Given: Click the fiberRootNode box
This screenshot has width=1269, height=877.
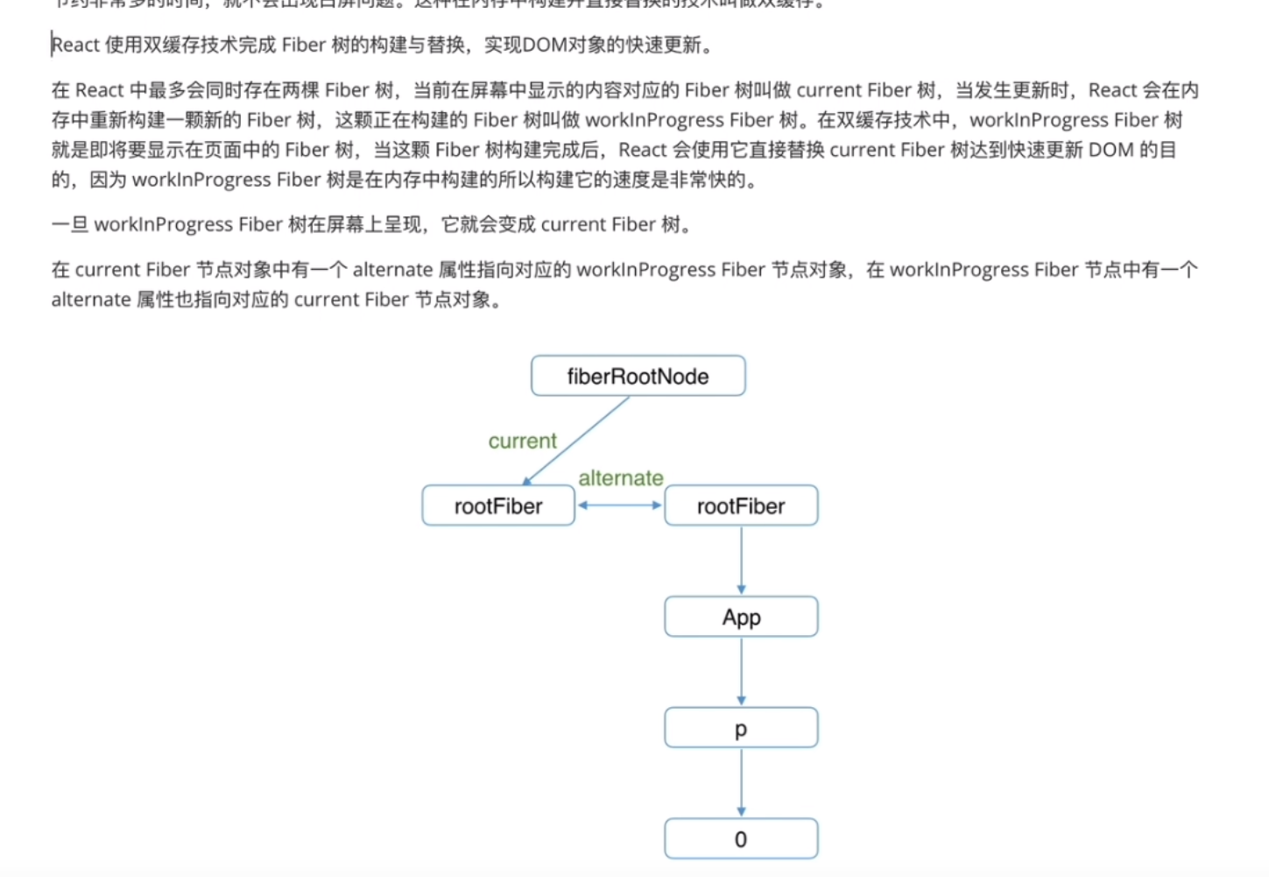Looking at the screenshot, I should tap(638, 376).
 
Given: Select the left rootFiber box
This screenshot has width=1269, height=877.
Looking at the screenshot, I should tap(497, 506).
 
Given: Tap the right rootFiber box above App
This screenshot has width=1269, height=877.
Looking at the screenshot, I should tap(741, 506).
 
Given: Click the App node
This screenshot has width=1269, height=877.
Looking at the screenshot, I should tap(741, 617).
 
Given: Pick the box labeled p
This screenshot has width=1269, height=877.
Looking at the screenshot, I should tap(741, 728).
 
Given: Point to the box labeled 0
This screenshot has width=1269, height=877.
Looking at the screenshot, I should tap(741, 838).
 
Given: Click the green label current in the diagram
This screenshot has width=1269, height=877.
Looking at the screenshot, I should tap(522, 441).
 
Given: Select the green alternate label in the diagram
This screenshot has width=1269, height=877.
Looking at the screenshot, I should tap(620, 478).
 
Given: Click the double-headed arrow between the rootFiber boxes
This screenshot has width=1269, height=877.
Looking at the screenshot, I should tap(619, 506).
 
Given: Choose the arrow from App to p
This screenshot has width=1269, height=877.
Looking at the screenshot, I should tap(741, 670).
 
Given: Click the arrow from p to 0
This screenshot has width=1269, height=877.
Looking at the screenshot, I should tap(741, 782).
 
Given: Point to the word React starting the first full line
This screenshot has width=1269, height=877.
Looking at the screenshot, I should tap(75, 45).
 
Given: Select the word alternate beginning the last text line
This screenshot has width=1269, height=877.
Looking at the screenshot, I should tap(91, 300).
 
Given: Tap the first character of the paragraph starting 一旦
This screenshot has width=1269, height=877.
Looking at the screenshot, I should tap(60, 224).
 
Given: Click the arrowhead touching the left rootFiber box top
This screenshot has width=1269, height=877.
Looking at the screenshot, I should tap(527, 480).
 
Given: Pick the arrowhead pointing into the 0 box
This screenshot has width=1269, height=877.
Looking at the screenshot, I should tap(741, 812).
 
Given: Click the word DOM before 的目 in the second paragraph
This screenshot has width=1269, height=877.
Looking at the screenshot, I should tap(1110, 150).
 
